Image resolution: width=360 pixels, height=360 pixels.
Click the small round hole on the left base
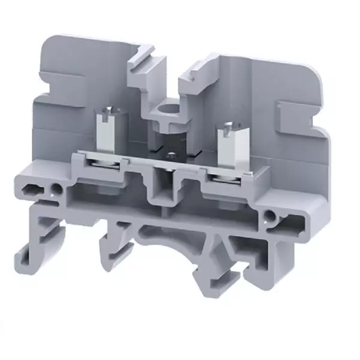coord(58,190)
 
